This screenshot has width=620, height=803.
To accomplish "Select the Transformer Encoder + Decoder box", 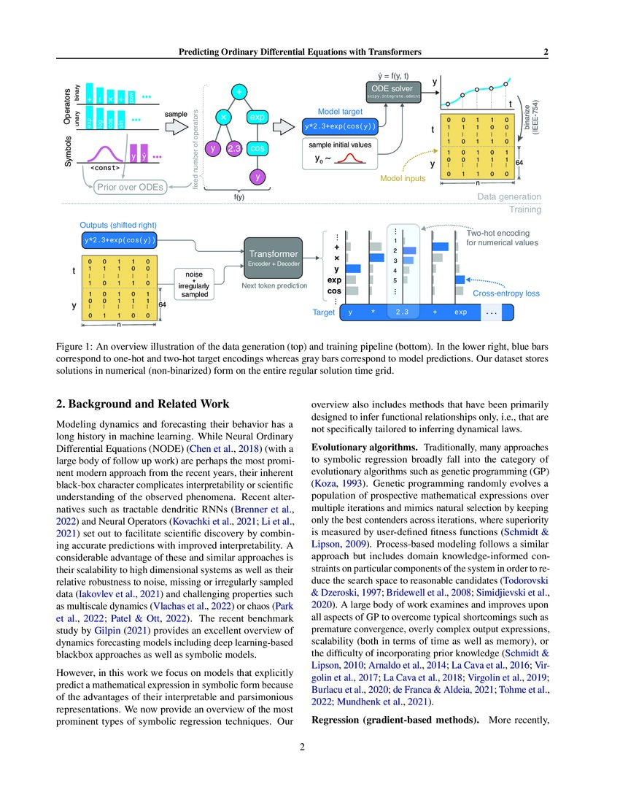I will [273, 258].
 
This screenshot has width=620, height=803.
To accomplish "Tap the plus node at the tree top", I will [239, 91].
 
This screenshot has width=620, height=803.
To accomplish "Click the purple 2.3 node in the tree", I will [234, 149].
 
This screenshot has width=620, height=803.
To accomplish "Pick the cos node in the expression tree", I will [257, 149].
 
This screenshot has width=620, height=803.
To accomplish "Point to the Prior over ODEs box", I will [130, 187].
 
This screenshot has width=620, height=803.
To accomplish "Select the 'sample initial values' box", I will [339, 153].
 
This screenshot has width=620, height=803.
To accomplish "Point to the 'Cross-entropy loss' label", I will [506, 293].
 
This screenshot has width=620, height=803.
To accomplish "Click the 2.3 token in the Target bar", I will [402, 312].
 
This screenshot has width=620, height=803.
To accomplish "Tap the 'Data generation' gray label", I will [509, 197].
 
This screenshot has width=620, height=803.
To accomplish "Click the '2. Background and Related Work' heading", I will [142, 404].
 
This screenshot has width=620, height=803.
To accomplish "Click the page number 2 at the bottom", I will [309, 747].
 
